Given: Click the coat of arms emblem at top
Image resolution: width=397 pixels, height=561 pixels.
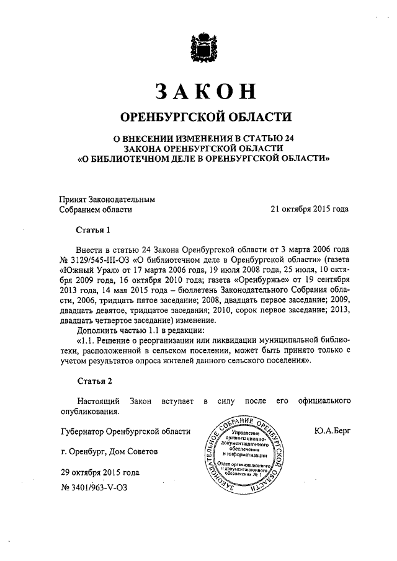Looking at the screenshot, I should tap(202, 47).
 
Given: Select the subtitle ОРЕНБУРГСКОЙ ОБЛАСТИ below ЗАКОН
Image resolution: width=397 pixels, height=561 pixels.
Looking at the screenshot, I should tap(205, 117).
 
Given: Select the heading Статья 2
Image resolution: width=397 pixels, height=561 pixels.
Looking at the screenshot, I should tap(92, 381).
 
